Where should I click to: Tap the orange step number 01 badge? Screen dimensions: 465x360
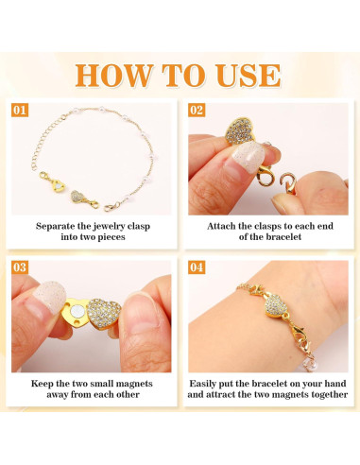point(20,111)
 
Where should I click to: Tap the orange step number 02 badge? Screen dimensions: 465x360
point(197,111)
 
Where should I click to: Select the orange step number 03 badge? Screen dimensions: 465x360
point(20,268)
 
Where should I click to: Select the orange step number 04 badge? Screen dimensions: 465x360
point(197,268)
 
